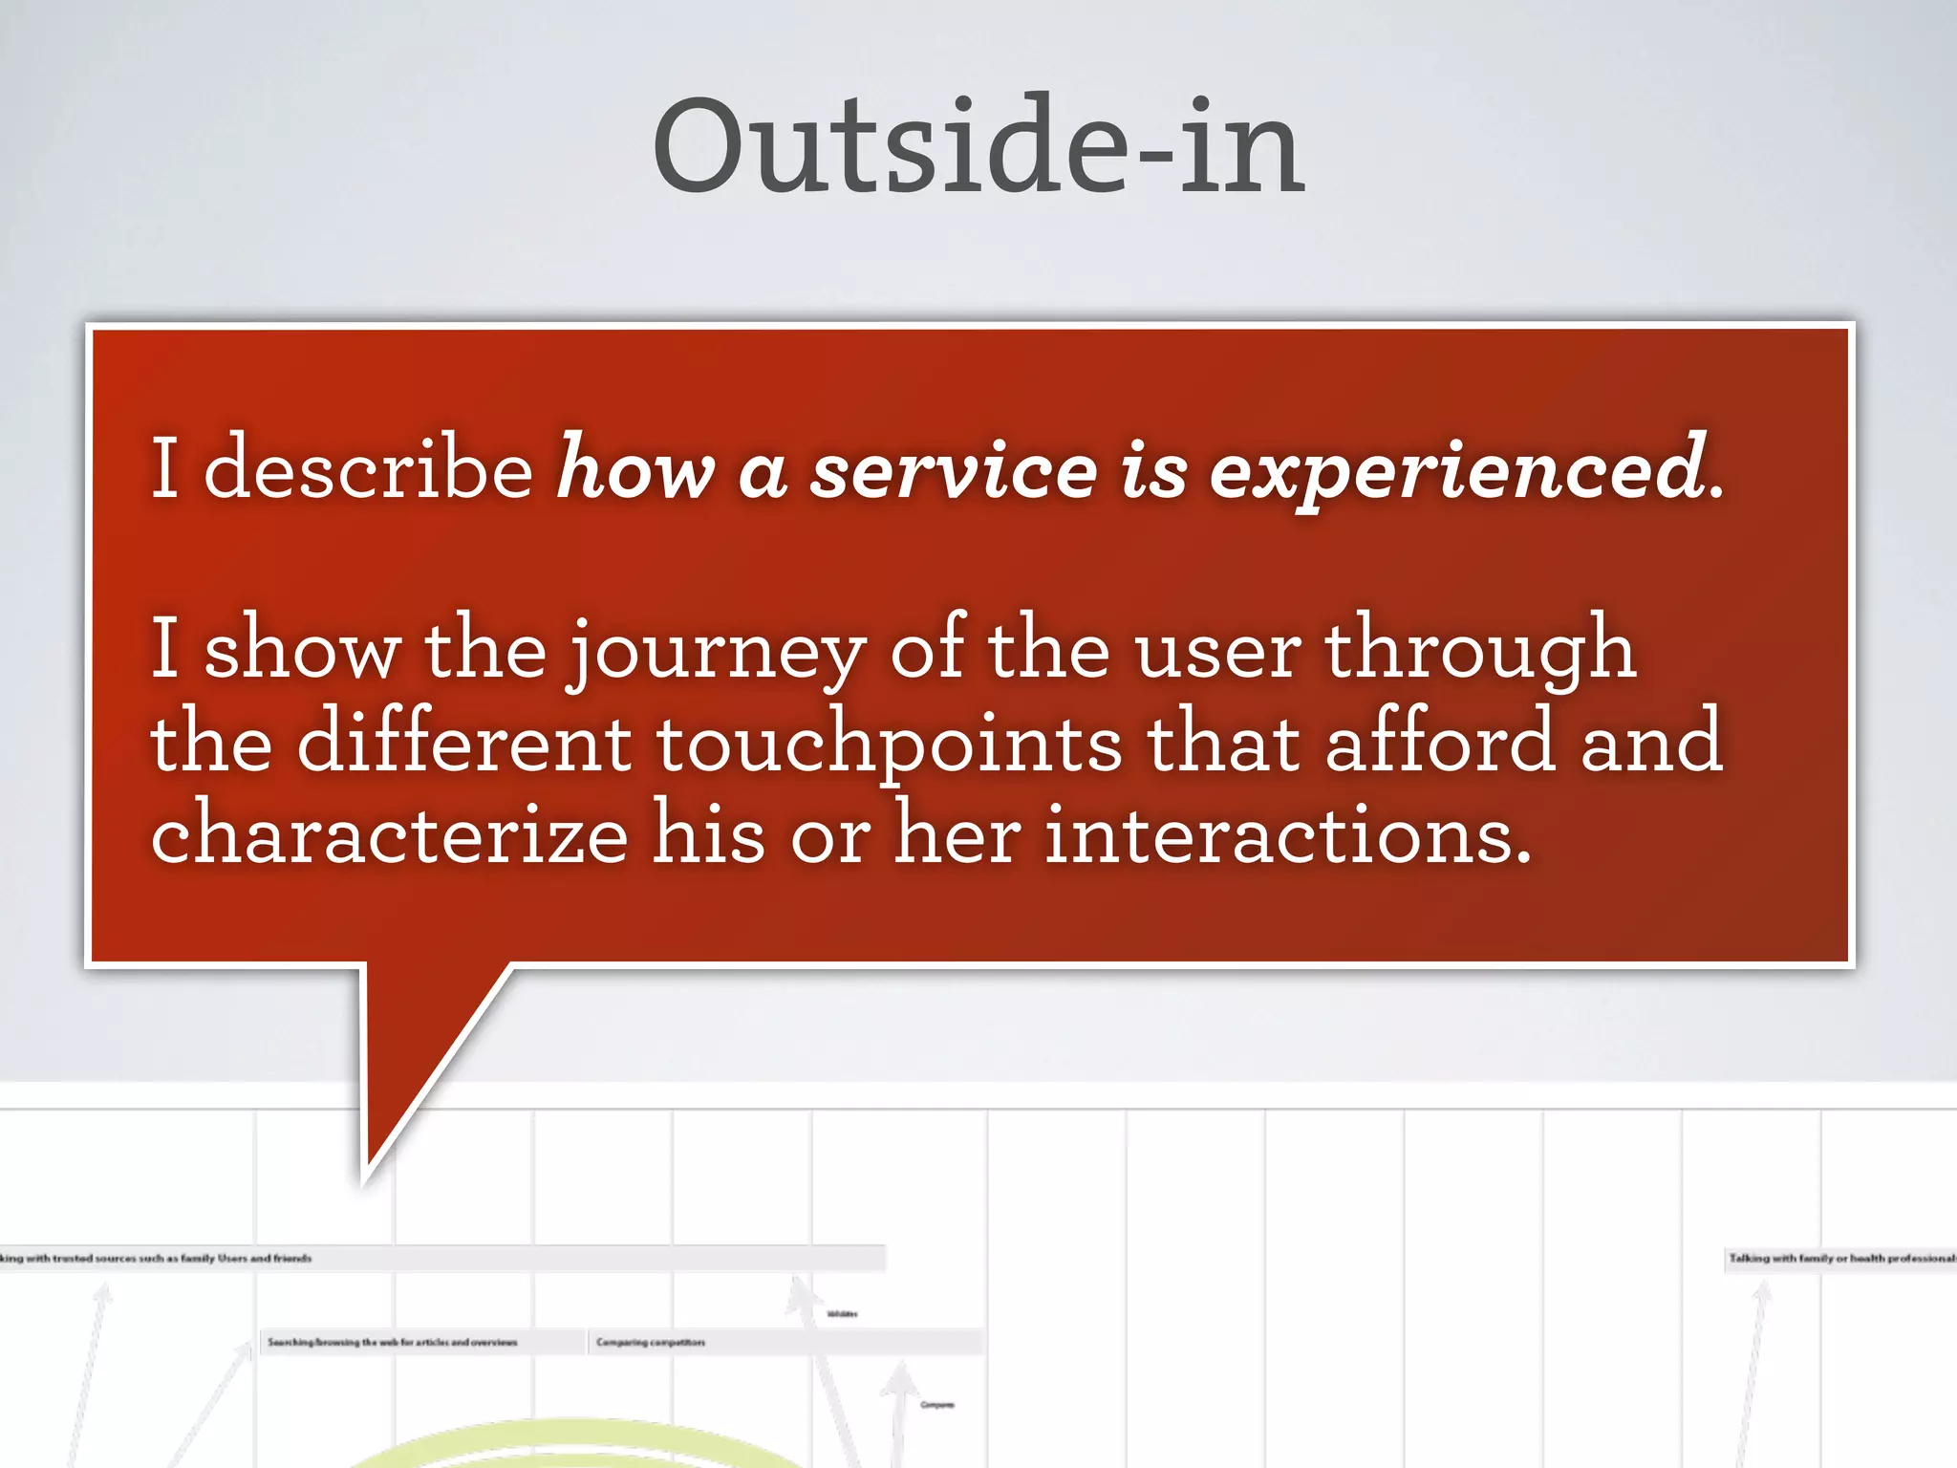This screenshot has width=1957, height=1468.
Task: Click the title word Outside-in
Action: (x=978, y=148)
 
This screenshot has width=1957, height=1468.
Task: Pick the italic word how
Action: (x=635, y=470)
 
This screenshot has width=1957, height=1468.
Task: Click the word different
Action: (x=463, y=744)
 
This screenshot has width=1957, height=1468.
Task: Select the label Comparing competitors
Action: (x=651, y=1343)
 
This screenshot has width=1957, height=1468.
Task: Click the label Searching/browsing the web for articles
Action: (x=392, y=1343)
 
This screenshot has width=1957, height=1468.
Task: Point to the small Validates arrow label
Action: (x=842, y=1314)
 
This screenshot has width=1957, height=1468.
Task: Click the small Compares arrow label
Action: (x=936, y=1405)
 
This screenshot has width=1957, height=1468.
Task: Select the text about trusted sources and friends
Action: (x=158, y=1259)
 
